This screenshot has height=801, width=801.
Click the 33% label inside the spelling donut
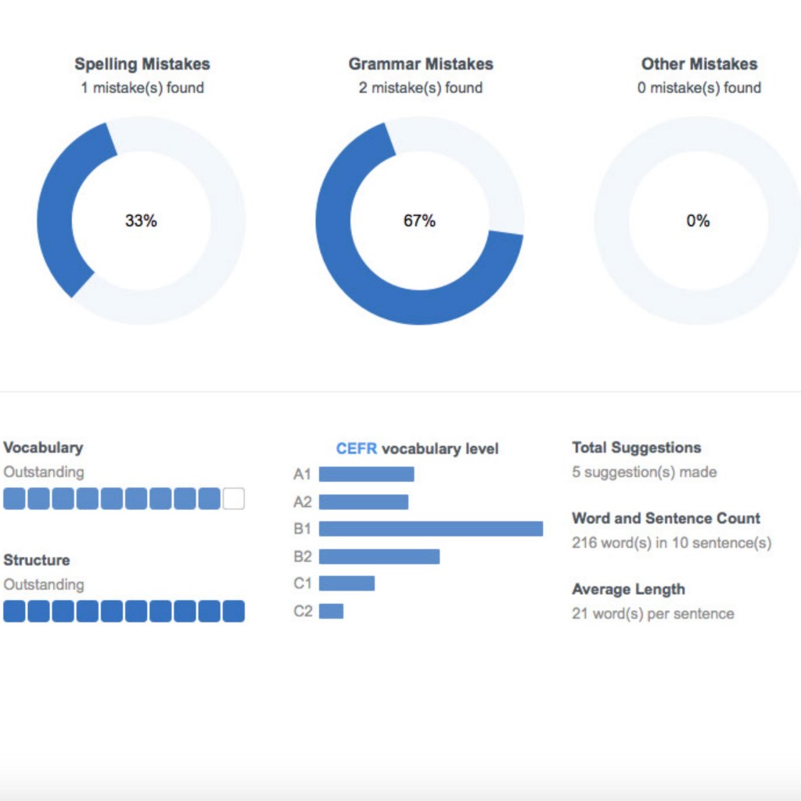point(141,221)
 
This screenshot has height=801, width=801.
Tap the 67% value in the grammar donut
point(419,221)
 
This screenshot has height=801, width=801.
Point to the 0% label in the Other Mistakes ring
point(698,221)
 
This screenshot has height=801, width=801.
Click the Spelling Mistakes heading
point(142,64)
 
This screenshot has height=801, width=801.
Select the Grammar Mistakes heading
point(421,64)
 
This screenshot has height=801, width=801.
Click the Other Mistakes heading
point(699,64)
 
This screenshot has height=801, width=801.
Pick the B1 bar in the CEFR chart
point(430,529)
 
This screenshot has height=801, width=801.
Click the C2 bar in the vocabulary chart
point(331,611)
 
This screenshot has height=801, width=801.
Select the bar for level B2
point(379,556)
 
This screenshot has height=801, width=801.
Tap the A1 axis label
point(302,474)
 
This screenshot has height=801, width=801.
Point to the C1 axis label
point(302,584)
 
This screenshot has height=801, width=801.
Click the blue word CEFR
point(357,449)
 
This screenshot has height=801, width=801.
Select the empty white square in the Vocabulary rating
point(234,499)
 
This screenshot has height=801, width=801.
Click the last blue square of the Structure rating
point(234,612)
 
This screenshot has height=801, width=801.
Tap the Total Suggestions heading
point(637,447)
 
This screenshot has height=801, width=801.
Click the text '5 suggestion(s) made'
point(645,472)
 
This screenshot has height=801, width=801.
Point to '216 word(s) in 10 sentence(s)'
point(671,542)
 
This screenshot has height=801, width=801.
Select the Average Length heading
point(628,589)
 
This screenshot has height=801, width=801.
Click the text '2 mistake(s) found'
point(421,88)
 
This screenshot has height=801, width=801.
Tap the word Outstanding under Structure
point(44,584)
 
